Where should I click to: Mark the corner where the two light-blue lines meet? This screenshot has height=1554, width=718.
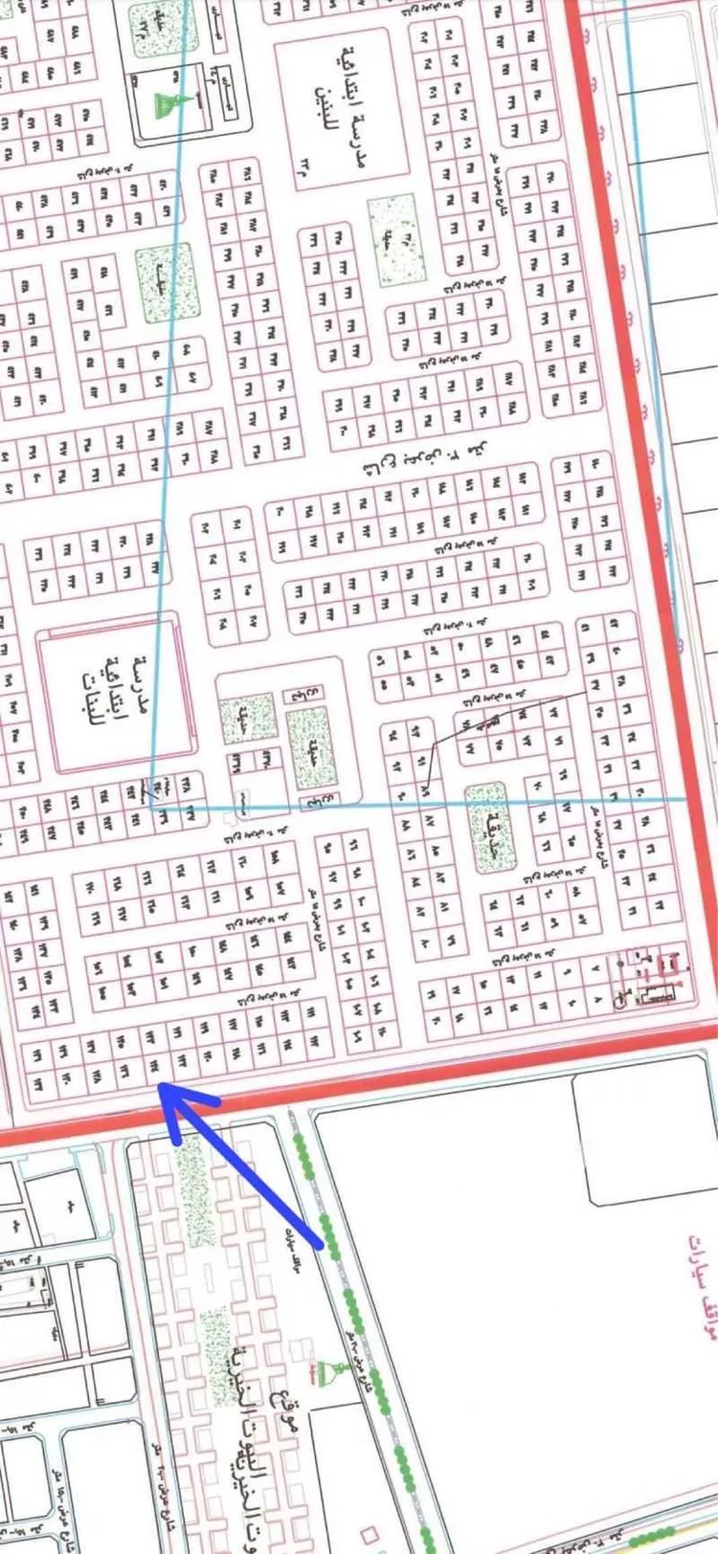[x=153, y=806]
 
